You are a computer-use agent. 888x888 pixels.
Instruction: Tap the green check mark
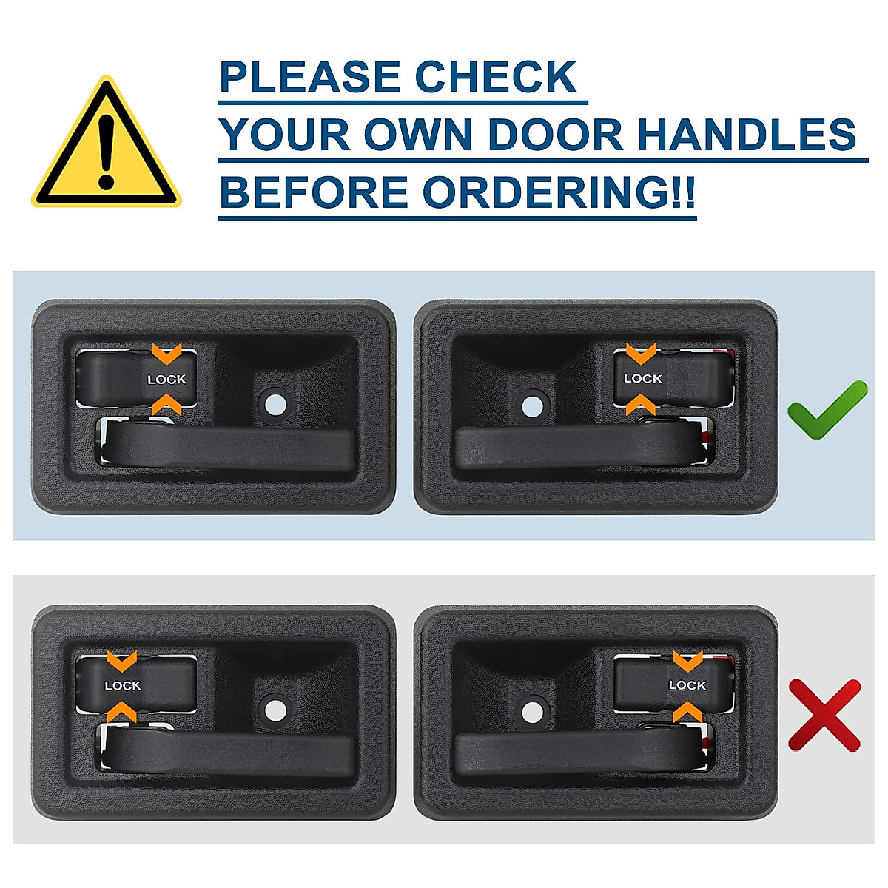pos(827,409)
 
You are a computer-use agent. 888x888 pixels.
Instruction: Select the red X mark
pos(824,715)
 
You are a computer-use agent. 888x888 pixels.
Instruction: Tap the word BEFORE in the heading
pos(314,192)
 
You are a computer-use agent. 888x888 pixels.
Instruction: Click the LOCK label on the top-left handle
pos(166,380)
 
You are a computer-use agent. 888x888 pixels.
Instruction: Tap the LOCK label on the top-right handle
pos(642,379)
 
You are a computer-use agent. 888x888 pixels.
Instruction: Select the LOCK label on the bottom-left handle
pos(122,686)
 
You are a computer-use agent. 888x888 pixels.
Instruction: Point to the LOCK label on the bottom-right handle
pos(687,685)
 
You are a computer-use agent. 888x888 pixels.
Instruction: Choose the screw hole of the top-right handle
pos(531,405)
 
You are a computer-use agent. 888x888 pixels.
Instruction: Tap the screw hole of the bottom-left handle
pos(275,710)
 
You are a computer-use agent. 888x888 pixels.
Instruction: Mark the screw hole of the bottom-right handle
pos(531,711)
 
